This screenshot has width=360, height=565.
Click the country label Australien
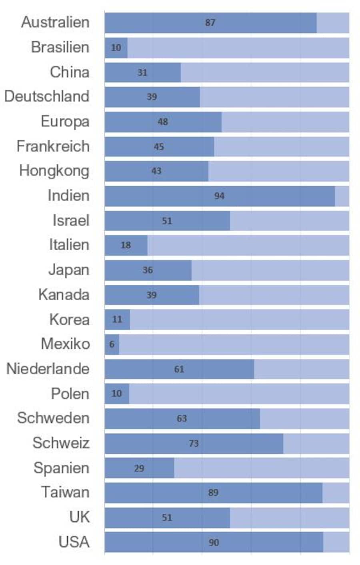(55, 22)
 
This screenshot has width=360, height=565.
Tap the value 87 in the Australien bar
(210, 23)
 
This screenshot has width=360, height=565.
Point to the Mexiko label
(65, 344)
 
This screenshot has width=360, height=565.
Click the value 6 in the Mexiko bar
(112, 344)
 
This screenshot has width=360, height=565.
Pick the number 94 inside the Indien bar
(219, 196)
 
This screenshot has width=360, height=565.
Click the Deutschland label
(47, 96)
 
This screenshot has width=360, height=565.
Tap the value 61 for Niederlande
(179, 369)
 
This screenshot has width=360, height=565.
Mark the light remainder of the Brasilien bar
(238, 48)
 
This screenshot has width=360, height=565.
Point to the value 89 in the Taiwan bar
(213, 493)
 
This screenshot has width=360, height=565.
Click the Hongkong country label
(54, 171)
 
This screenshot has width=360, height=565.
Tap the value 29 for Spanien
(139, 468)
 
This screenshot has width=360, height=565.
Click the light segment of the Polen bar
(239, 394)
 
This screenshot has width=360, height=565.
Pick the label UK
(79, 517)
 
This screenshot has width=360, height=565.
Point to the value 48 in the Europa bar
(162, 122)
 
